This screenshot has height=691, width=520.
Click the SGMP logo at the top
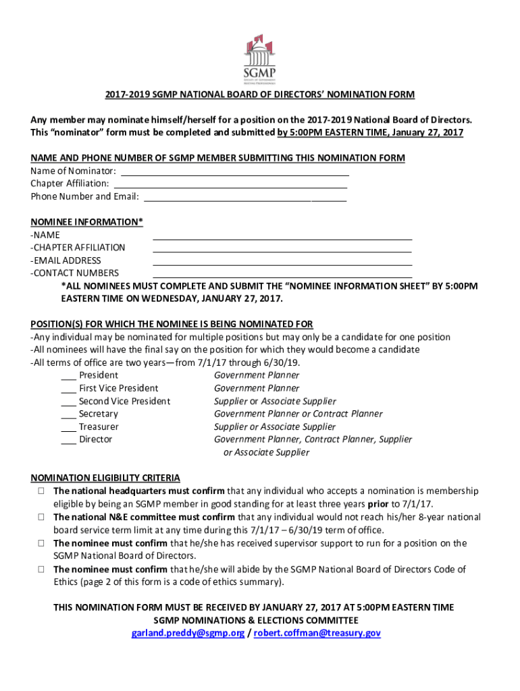tap(259, 59)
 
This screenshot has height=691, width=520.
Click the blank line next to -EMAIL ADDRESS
tap(282, 263)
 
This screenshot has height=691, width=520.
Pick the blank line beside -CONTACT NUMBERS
tap(282, 275)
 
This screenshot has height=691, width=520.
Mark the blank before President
tap(68, 377)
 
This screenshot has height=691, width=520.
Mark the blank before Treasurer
tap(68, 428)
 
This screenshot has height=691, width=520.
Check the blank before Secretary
tap(68, 415)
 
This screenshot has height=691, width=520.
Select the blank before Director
tap(68, 441)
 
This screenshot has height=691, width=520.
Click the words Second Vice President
tap(124, 402)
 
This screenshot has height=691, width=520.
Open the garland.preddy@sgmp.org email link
tap(188, 634)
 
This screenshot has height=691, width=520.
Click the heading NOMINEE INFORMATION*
tap(86, 222)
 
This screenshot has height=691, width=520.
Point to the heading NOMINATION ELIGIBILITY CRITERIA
tap(105, 478)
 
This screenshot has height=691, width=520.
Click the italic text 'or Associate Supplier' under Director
tap(266, 453)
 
